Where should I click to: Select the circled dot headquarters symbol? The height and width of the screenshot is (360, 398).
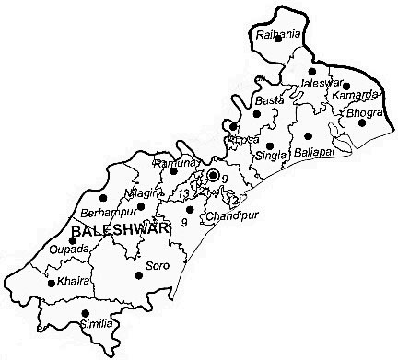click(x=213, y=174)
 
